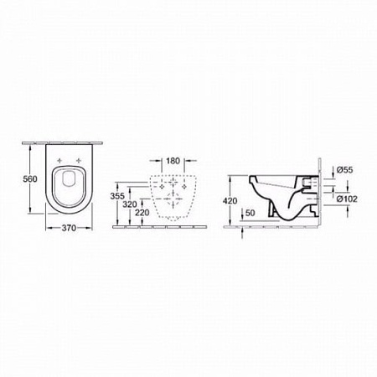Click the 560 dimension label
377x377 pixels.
coord(30,178)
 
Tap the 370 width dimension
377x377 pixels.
coord(69,228)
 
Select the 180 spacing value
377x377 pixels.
coord(173,161)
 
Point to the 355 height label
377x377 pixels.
coord(117,196)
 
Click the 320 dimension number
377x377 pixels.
coord(130,204)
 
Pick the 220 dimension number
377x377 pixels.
coord(142,213)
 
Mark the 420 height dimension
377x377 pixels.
coord(230,200)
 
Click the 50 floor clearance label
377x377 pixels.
coord(250,213)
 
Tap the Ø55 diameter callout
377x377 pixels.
coord(344,170)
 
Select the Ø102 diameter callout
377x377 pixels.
coord(347,199)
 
